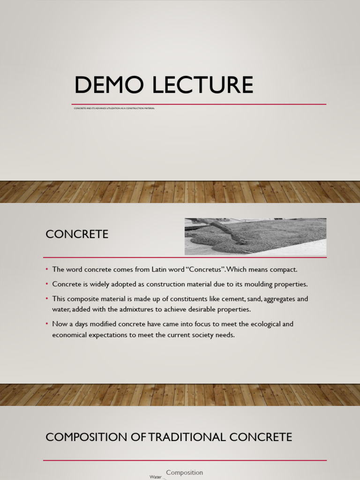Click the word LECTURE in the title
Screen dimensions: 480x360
click(x=204, y=85)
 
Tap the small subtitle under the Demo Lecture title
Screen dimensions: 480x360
click(x=114, y=108)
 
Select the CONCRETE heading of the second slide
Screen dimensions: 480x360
click(x=77, y=234)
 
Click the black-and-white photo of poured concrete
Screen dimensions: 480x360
click(x=255, y=236)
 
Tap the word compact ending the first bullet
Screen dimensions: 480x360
click(x=283, y=270)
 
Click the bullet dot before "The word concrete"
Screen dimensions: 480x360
click(x=47, y=270)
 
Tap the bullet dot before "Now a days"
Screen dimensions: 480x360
click(x=47, y=324)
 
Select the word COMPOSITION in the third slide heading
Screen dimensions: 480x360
click(x=86, y=437)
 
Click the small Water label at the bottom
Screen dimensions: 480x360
click(x=155, y=477)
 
